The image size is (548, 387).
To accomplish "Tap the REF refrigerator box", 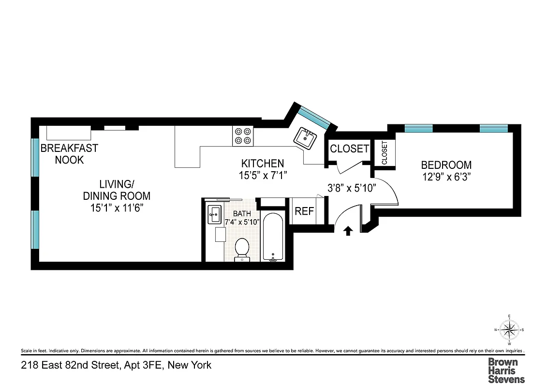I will pos(304,211).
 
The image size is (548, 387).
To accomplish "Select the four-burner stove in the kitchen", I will pos(243,135).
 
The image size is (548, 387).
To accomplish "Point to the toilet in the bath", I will pos(241,249).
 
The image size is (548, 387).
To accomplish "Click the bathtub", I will pos(274,237).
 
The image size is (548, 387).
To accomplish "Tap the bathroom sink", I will pos(214,215).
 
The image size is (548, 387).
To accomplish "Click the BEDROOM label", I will pos(446,165).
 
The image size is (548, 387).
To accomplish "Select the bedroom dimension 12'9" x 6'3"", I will pos(446,177).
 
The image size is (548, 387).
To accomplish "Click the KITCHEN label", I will pos(263,164).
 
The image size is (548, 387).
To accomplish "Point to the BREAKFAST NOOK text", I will pos(69,154).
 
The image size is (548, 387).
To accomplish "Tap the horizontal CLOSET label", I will pos(349,149).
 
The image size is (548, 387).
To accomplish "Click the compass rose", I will pos(509,330).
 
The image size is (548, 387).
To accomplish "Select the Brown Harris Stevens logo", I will pos(505,370).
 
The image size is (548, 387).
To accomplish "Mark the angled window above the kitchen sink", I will pos(313,117).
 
